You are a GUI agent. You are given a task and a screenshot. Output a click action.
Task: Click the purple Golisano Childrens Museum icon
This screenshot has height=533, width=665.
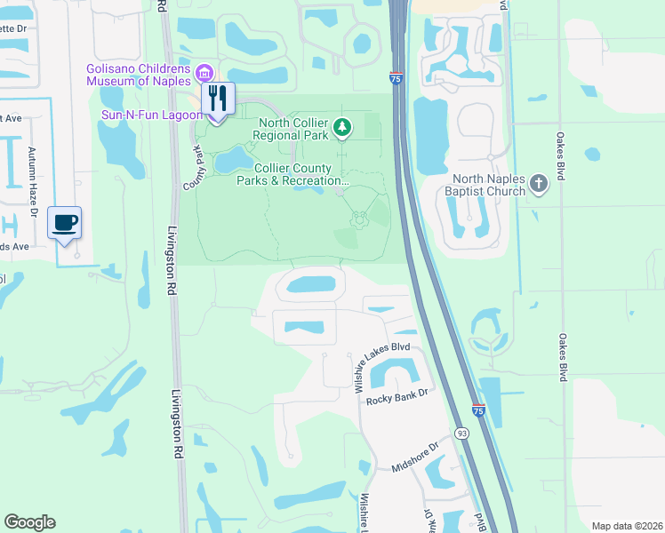coord(205,71)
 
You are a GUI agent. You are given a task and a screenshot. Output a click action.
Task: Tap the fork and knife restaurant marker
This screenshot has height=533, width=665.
coord(218,98)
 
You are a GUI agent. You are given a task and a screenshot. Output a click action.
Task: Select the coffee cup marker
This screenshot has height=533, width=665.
coord(64,223)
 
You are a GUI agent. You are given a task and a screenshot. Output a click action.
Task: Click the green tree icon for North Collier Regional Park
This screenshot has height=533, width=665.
coord(342,129)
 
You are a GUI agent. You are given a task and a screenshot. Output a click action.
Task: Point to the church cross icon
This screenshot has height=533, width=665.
coord(538,185)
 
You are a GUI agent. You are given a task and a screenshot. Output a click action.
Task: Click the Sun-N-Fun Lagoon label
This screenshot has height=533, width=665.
coord(150,114)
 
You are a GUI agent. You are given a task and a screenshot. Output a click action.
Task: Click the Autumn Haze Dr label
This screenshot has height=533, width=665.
coord(32,183)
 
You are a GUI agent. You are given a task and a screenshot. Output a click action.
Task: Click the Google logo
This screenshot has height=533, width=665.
coord(29,522)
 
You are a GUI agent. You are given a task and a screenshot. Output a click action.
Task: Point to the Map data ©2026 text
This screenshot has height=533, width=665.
coord(627,526)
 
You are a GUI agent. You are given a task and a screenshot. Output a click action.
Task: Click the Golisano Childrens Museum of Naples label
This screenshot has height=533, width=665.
coord(138,75)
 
